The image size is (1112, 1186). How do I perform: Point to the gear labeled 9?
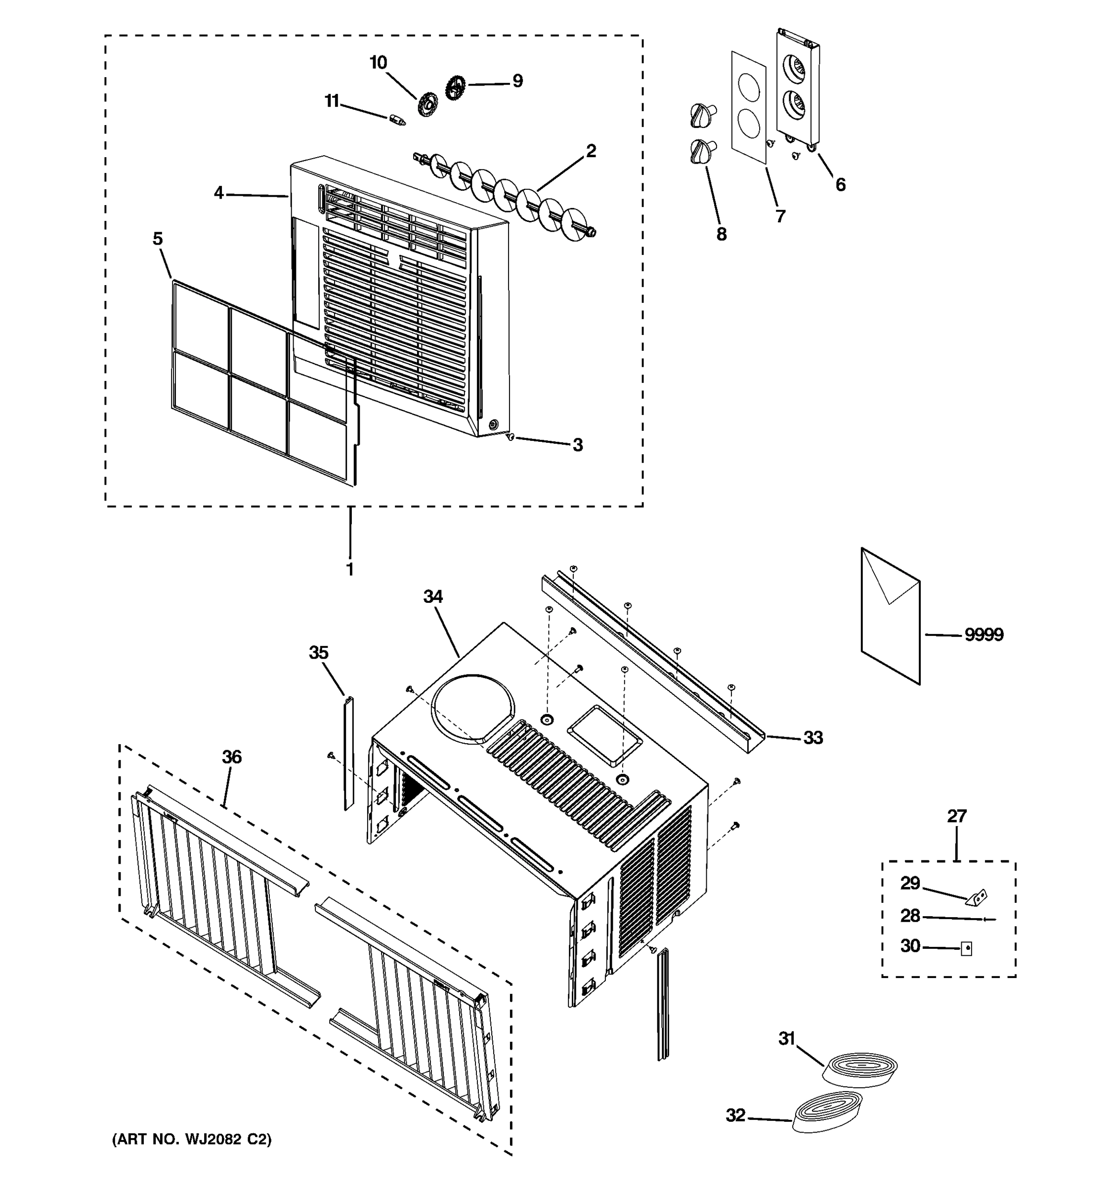(x=455, y=87)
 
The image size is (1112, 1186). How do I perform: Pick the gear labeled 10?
(x=428, y=104)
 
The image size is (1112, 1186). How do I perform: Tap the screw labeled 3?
(x=510, y=437)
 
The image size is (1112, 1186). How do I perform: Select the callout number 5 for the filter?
(x=158, y=239)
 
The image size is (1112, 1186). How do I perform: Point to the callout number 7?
(x=780, y=216)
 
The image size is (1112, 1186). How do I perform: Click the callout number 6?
(x=840, y=185)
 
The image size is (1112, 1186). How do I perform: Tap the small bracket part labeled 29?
(x=977, y=896)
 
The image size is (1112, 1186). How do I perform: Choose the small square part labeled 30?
(x=966, y=949)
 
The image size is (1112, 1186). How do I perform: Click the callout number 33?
(x=813, y=737)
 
